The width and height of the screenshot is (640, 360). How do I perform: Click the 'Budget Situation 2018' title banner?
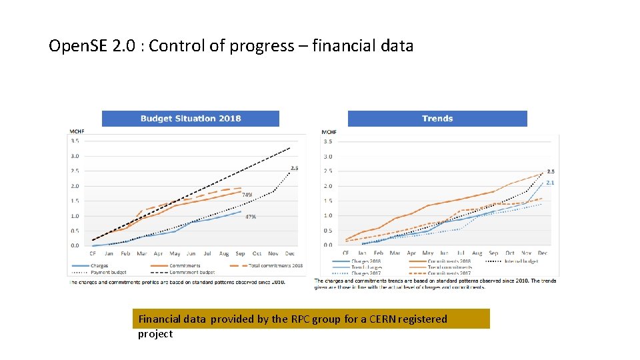point(190,119)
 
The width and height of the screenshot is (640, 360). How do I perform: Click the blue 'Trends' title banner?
point(437,119)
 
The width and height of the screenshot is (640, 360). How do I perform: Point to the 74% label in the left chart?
point(247,195)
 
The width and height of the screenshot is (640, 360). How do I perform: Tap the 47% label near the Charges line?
point(251,217)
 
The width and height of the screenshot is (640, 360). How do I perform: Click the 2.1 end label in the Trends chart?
point(551,183)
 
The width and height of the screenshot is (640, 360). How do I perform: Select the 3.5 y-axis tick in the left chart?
point(75,141)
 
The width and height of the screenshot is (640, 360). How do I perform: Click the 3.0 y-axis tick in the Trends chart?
point(328,156)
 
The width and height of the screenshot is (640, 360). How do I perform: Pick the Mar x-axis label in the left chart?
point(141,254)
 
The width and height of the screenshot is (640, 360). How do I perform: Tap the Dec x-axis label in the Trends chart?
point(542,253)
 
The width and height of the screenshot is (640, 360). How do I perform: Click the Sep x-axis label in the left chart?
point(240,254)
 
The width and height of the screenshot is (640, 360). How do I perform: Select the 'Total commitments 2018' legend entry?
point(275,266)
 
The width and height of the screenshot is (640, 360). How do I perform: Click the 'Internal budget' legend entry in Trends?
point(522,261)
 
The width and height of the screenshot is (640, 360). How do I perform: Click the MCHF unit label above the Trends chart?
point(329,132)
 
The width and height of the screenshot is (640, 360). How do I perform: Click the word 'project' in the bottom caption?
point(155,334)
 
